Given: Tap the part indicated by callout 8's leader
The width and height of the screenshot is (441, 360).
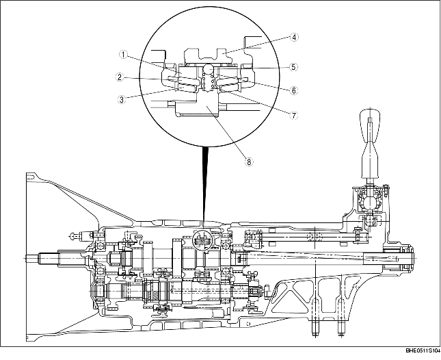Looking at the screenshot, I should [208, 108].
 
